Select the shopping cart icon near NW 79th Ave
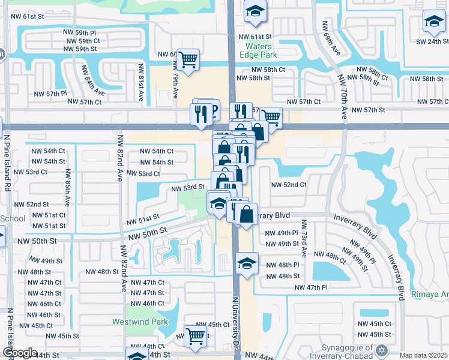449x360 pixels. pyautogui.click(x=188, y=60)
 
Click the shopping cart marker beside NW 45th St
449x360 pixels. pyautogui.click(x=196, y=337)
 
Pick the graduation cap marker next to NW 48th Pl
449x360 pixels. pyautogui.click(x=246, y=263)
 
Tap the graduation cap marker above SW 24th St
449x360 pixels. pyautogui.click(x=433, y=22)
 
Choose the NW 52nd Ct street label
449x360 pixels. pyautogui.click(x=289, y=185)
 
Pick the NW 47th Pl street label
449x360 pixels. pyautogui.click(x=311, y=288)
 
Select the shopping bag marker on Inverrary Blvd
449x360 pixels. pyautogui.click(x=246, y=214)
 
